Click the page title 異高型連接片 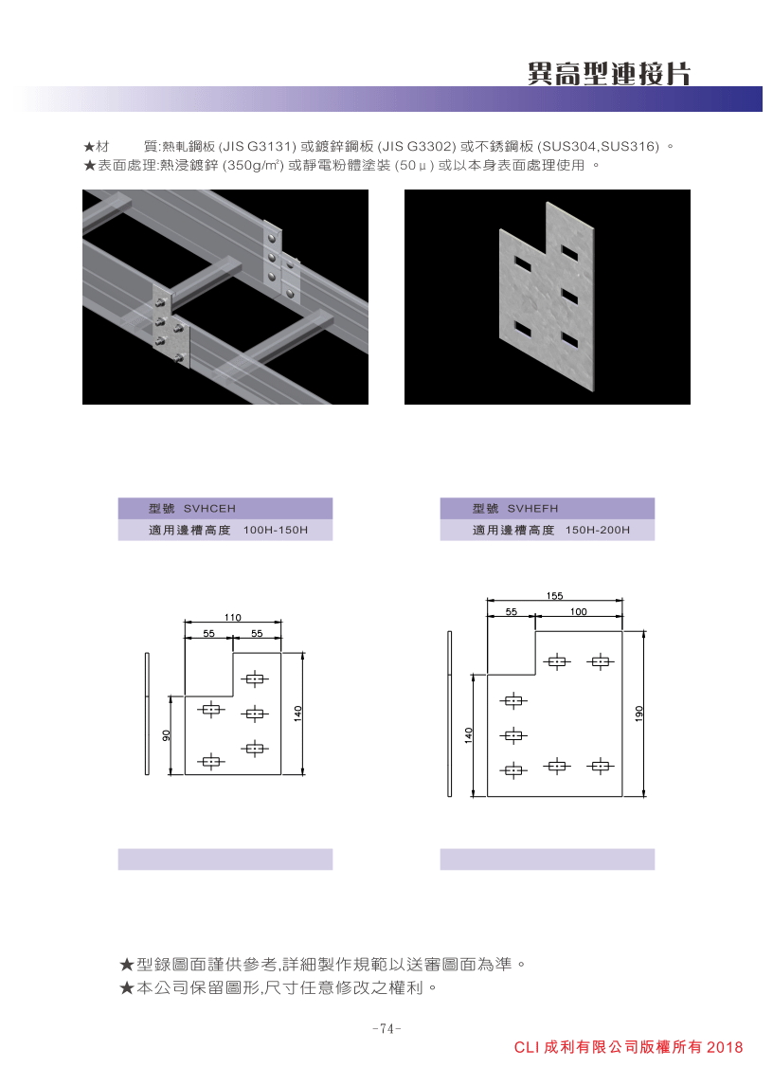click(x=609, y=73)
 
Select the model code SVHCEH click(x=209, y=509)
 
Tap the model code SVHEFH click(x=533, y=509)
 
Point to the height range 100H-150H click(x=276, y=530)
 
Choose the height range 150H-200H click(x=598, y=530)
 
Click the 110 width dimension click(x=232, y=617)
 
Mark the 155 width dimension click(x=554, y=596)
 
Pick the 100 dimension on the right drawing click(x=579, y=612)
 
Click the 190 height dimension click(x=638, y=714)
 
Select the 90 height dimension click(x=166, y=735)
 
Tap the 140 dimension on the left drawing click(x=298, y=714)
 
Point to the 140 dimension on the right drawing click(x=469, y=735)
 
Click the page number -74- click(x=386, y=1029)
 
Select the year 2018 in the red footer click(x=725, y=1048)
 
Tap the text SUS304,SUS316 click(x=600, y=147)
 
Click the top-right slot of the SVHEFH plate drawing click(x=600, y=661)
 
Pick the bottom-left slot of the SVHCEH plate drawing click(x=211, y=762)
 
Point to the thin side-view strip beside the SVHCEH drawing click(x=147, y=714)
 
